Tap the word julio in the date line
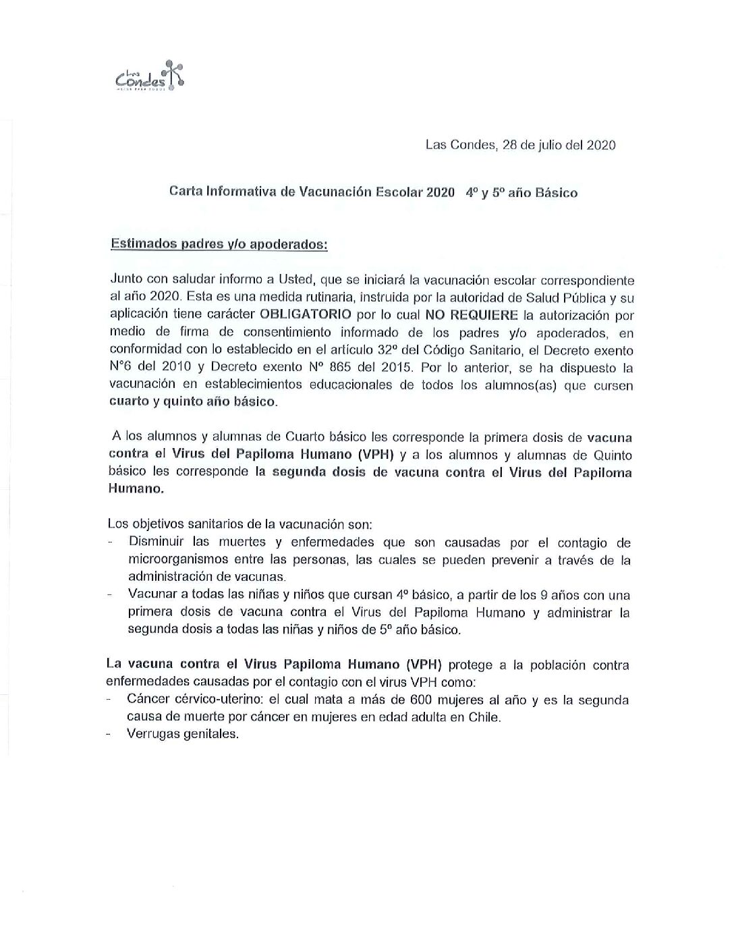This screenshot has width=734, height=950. click(x=552, y=145)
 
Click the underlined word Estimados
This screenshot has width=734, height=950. click(x=140, y=244)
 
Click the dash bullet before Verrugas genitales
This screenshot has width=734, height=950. click(x=109, y=735)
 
